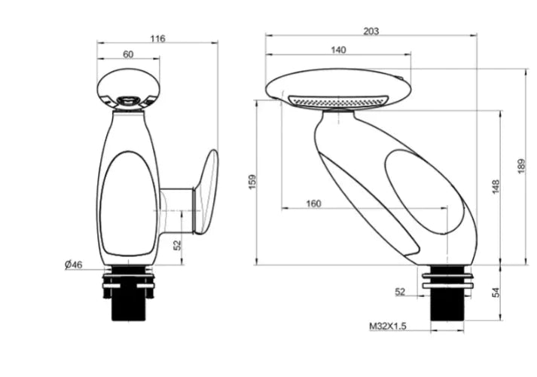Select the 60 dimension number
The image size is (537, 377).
(x=127, y=54)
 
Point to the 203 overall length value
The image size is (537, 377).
(x=370, y=31)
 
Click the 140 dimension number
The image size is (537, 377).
(x=338, y=50)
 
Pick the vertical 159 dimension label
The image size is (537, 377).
(x=252, y=182)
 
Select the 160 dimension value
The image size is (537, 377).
(x=314, y=204)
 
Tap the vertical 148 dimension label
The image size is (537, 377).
(x=495, y=187)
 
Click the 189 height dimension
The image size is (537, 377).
(x=522, y=167)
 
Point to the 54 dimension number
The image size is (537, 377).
(x=495, y=293)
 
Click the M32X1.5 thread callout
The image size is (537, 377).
(x=387, y=326)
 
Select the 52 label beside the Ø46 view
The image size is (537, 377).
(x=178, y=245)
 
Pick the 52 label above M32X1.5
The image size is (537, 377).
(x=400, y=291)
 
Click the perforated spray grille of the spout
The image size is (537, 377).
(x=338, y=101)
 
